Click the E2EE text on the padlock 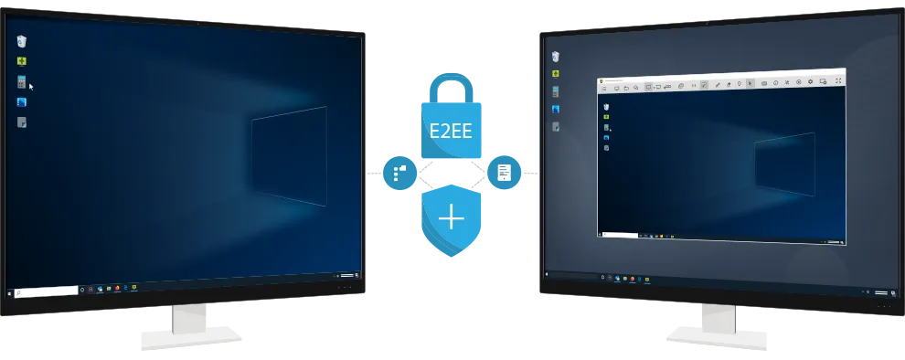tap(451, 131)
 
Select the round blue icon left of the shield tap(400, 173)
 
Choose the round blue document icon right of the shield tap(504, 172)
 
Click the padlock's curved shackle tap(452, 87)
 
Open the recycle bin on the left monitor tap(21, 41)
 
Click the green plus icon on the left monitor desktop tap(21, 61)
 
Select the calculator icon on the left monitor tap(21, 82)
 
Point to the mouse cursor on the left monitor tap(31, 87)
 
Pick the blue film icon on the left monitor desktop tap(21, 102)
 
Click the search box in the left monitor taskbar tap(47, 291)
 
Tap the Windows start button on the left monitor tap(8, 293)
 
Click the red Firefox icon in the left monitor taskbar tap(117, 287)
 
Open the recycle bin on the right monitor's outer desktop tap(555, 56)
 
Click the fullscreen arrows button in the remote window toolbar tap(838, 81)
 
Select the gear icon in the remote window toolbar tap(810, 82)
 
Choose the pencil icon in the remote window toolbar tap(718, 84)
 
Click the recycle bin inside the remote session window tap(606, 107)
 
